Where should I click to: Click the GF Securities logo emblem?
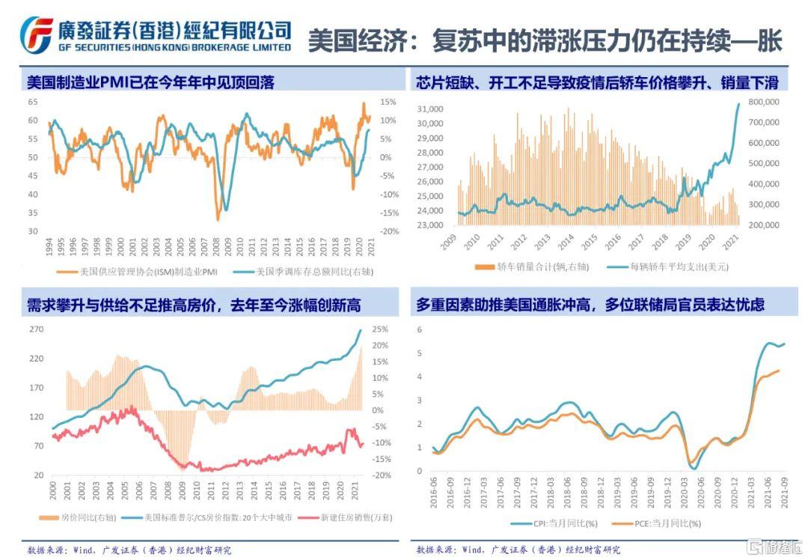36,34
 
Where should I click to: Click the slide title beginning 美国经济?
545,40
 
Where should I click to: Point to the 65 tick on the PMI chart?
33,102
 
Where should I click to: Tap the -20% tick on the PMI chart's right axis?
388,231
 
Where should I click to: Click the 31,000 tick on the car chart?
429,109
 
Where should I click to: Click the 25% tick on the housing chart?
380,329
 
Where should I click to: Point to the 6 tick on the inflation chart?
420,330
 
